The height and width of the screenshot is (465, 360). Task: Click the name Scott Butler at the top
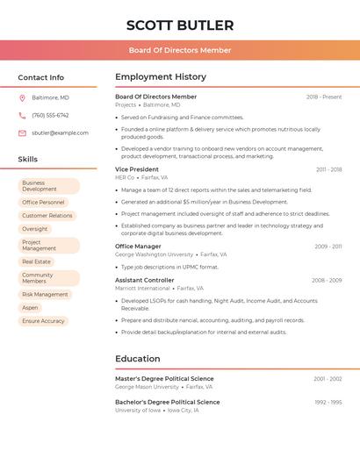tap(180, 25)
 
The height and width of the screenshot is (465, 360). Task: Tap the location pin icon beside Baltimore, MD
tap(22, 97)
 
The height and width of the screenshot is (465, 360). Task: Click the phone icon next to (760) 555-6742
tap(22, 115)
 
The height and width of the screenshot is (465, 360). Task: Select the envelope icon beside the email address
tap(22, 133)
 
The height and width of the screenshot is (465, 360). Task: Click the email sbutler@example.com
tap(60, 133)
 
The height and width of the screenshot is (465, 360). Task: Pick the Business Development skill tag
tap(48, 186)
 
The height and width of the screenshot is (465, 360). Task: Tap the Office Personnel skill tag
tap(43, 203)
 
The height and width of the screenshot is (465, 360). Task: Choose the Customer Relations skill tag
tap(47, 216)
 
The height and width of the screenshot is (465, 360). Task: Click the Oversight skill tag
tap(35, 229)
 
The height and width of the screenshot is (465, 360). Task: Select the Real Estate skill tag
tap(37, 261)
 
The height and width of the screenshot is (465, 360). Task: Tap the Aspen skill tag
tap(31, 308)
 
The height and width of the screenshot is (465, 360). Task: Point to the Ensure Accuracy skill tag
tap(43, 321)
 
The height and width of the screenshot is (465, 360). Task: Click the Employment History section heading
tap(161, 77)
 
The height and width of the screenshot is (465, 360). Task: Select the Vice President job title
tap(137, 169)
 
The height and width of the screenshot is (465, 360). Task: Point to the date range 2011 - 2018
tap(328, 169)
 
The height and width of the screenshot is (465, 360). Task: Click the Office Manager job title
tap(138, 247)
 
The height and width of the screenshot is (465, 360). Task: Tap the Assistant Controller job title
tap(145, 280)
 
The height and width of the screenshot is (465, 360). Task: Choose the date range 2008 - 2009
tap(327, 281)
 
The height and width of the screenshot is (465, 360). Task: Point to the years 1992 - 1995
tap(328, 403)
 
